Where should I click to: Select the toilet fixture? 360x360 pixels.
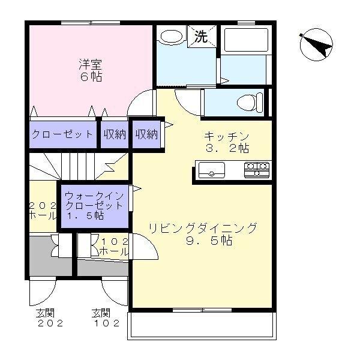[249, 100]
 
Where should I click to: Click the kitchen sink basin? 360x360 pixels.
[211, 169]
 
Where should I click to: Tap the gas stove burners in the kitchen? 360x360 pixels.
[256, 169]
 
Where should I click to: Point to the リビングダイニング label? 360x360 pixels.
[203, 228]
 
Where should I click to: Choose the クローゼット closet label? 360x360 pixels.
[62, 134]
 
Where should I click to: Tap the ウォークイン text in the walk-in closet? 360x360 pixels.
[94, 196]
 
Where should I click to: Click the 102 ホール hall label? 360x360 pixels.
[113, 247]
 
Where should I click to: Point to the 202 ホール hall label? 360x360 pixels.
[43, 211]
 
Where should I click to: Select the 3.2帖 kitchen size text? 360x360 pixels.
[226, 148]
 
